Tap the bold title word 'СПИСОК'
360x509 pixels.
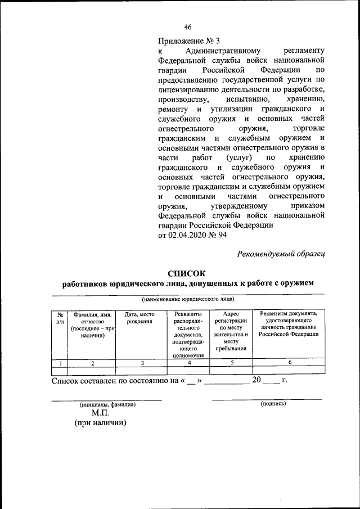188,273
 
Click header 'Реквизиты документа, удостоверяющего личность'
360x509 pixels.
289,323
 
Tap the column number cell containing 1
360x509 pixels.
59,363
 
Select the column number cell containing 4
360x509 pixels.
189,363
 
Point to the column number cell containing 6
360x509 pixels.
289,363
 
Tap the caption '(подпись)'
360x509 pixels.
273,404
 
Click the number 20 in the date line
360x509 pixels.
256,381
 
